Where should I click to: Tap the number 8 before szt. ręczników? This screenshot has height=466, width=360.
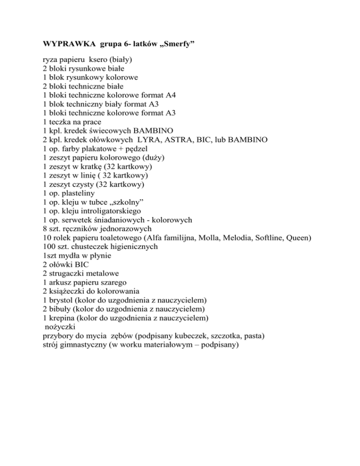(38, 228)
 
